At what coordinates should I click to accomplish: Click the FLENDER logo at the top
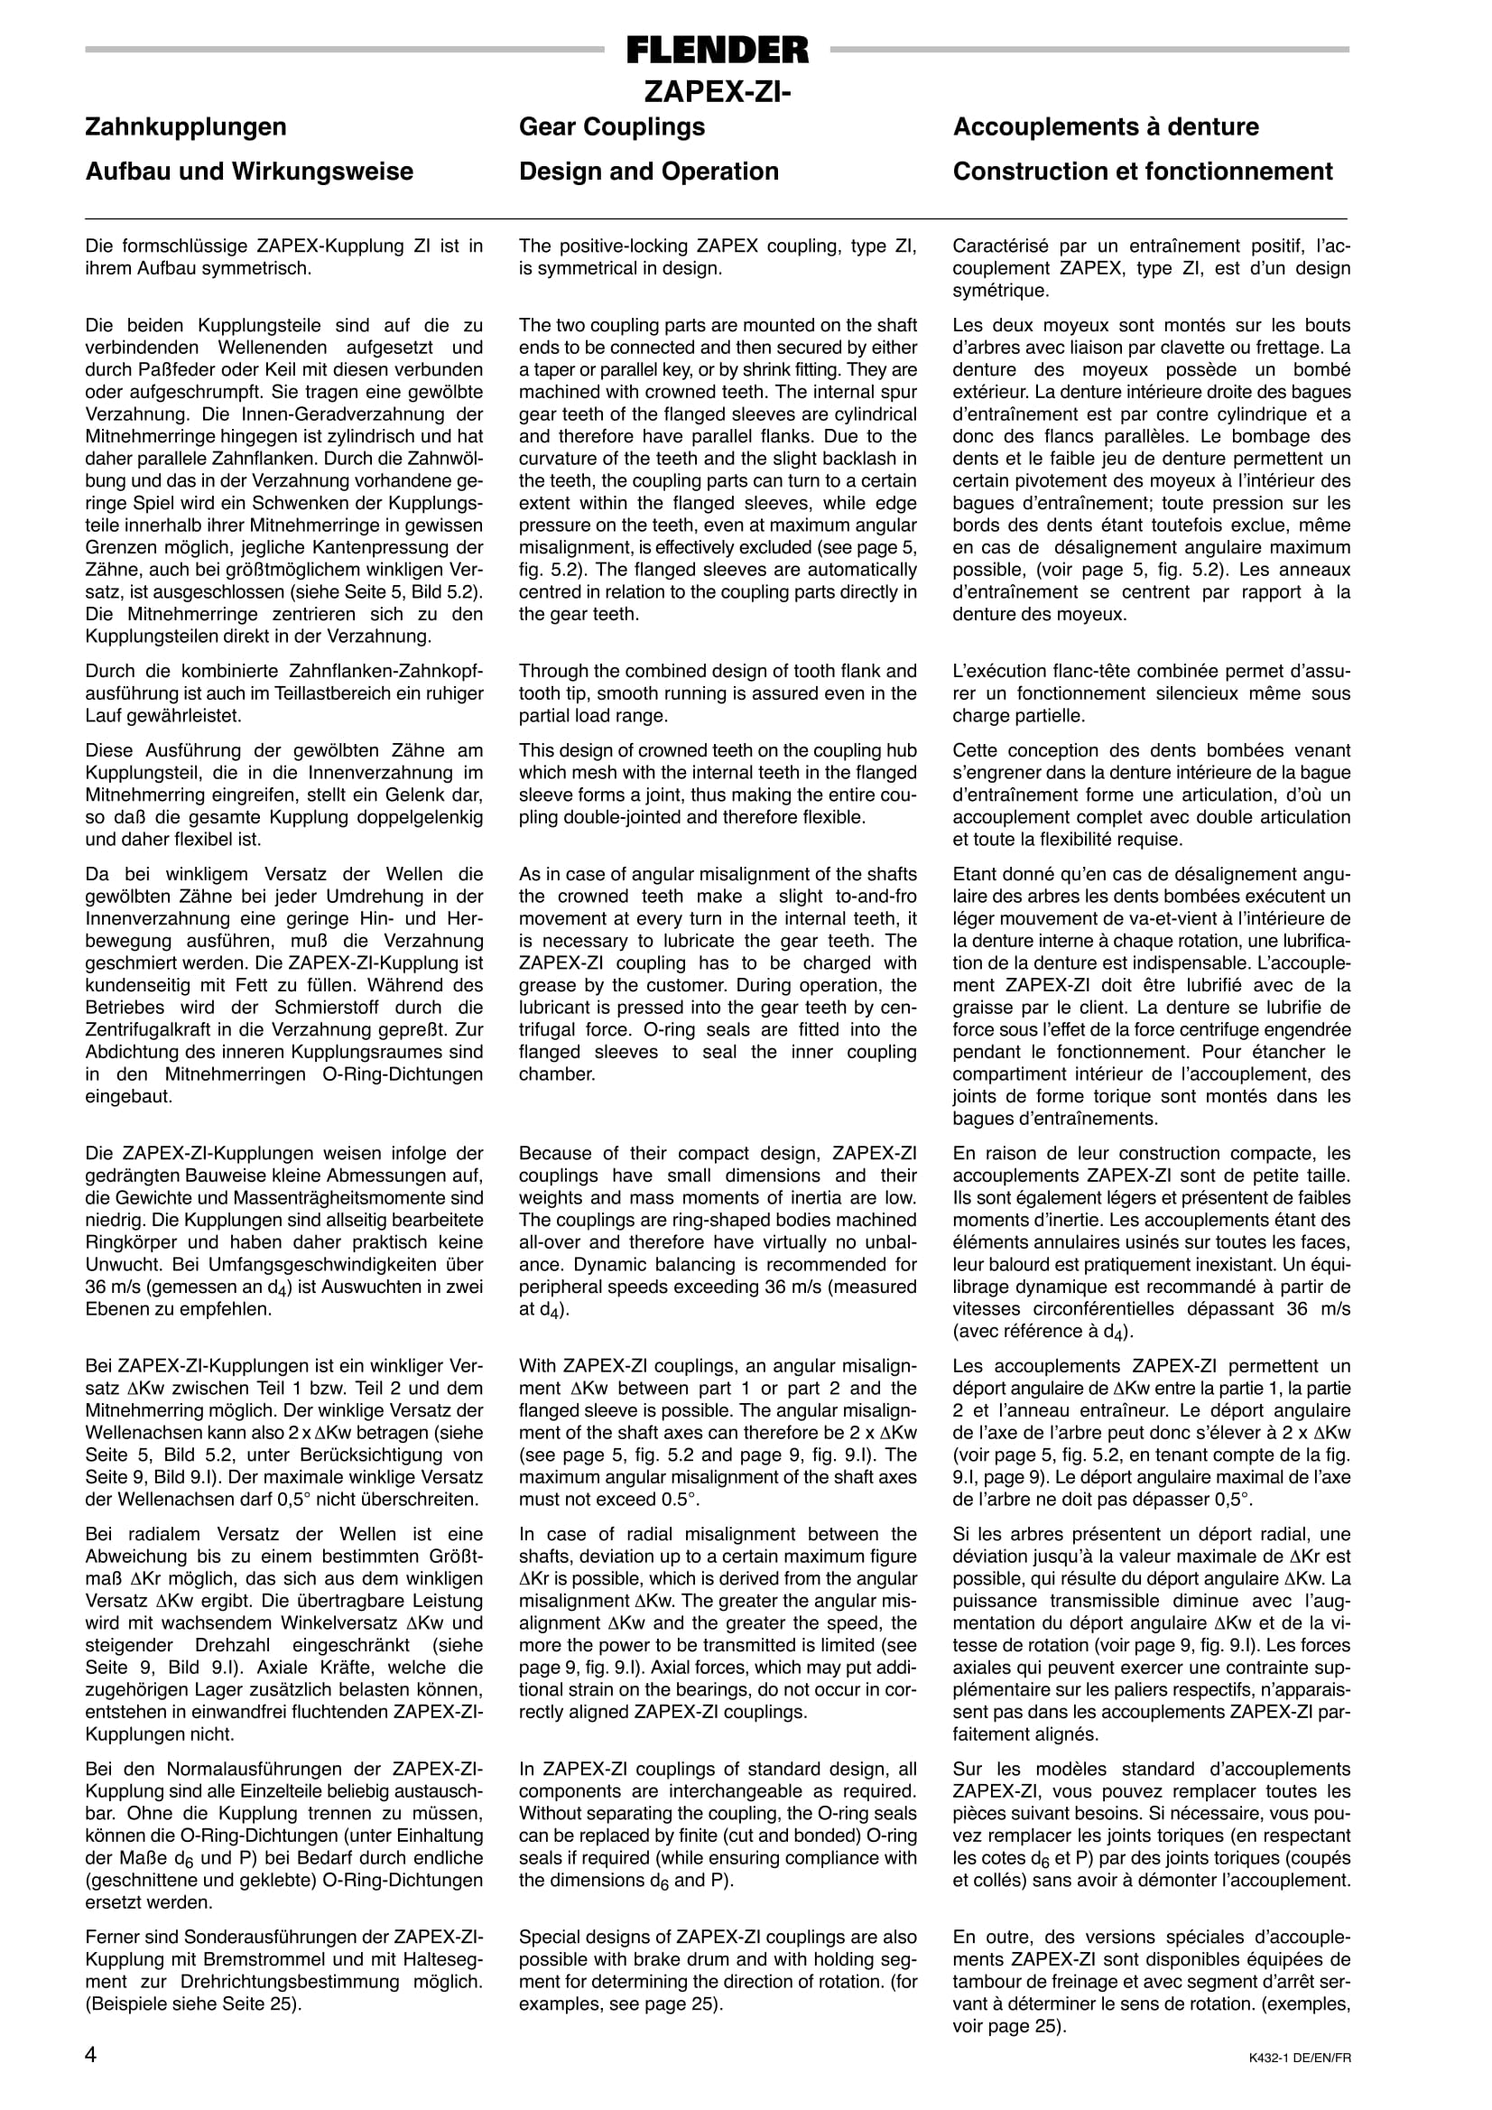coord(718,50)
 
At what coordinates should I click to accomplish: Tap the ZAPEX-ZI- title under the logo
coord(717,93)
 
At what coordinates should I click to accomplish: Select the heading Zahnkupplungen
coord(186,126)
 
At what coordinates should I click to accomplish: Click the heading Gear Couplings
coord(612,126)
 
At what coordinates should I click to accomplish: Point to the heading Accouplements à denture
coord(1105,126)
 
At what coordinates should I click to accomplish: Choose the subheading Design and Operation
coord(649,172)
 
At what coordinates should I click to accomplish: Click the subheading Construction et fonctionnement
coord(1142,172)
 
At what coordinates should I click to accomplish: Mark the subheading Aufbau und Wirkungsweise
coord(249,172)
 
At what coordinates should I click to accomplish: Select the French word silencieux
coord(1220,693)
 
